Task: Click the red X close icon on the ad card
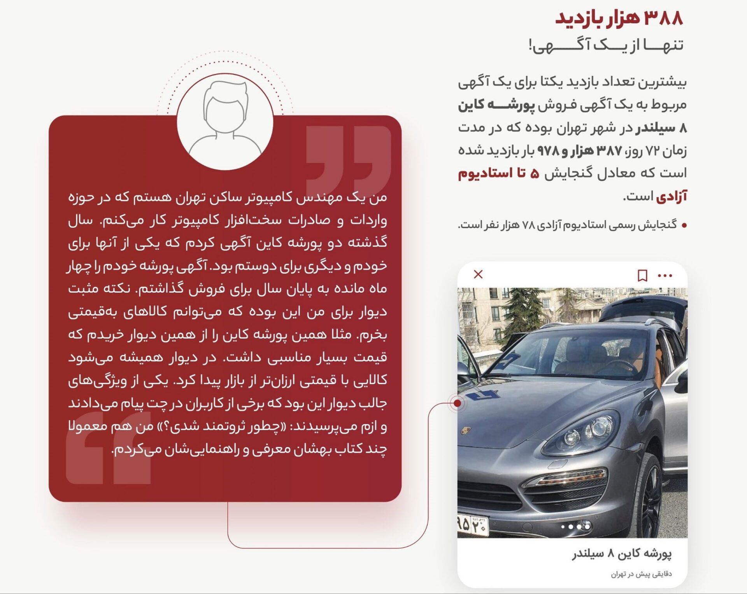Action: coord(478,274)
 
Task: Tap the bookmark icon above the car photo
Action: coord(642,276)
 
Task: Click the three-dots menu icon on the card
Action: coord(665,276)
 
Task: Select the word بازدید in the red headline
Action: coord(575,18)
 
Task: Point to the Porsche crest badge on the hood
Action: coord(466,431)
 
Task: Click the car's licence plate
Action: coord(472,524)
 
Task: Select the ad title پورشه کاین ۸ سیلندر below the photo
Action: coord(622,554)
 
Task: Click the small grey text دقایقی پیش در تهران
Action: coord(641,574)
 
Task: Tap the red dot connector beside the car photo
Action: coord(458,403)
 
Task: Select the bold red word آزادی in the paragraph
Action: coord(672,196)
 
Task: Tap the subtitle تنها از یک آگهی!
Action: coord(606,45)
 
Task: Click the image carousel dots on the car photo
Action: coord(576,527)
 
